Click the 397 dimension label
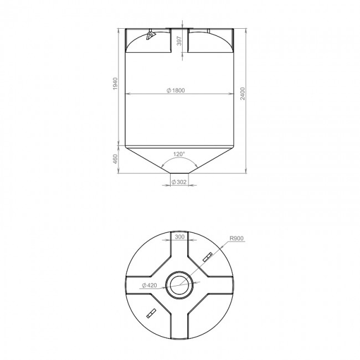pos(179,40)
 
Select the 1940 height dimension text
pos(115,84)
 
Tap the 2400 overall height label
pos(243,94)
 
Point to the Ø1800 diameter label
pos(176,90)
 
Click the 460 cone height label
pos(115,159)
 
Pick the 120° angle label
pos(179,154)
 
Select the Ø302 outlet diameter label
pos(179,182)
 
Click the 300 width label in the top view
pos(179,236)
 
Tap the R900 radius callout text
pos(236,238)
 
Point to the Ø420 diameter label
pos(150,285)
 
